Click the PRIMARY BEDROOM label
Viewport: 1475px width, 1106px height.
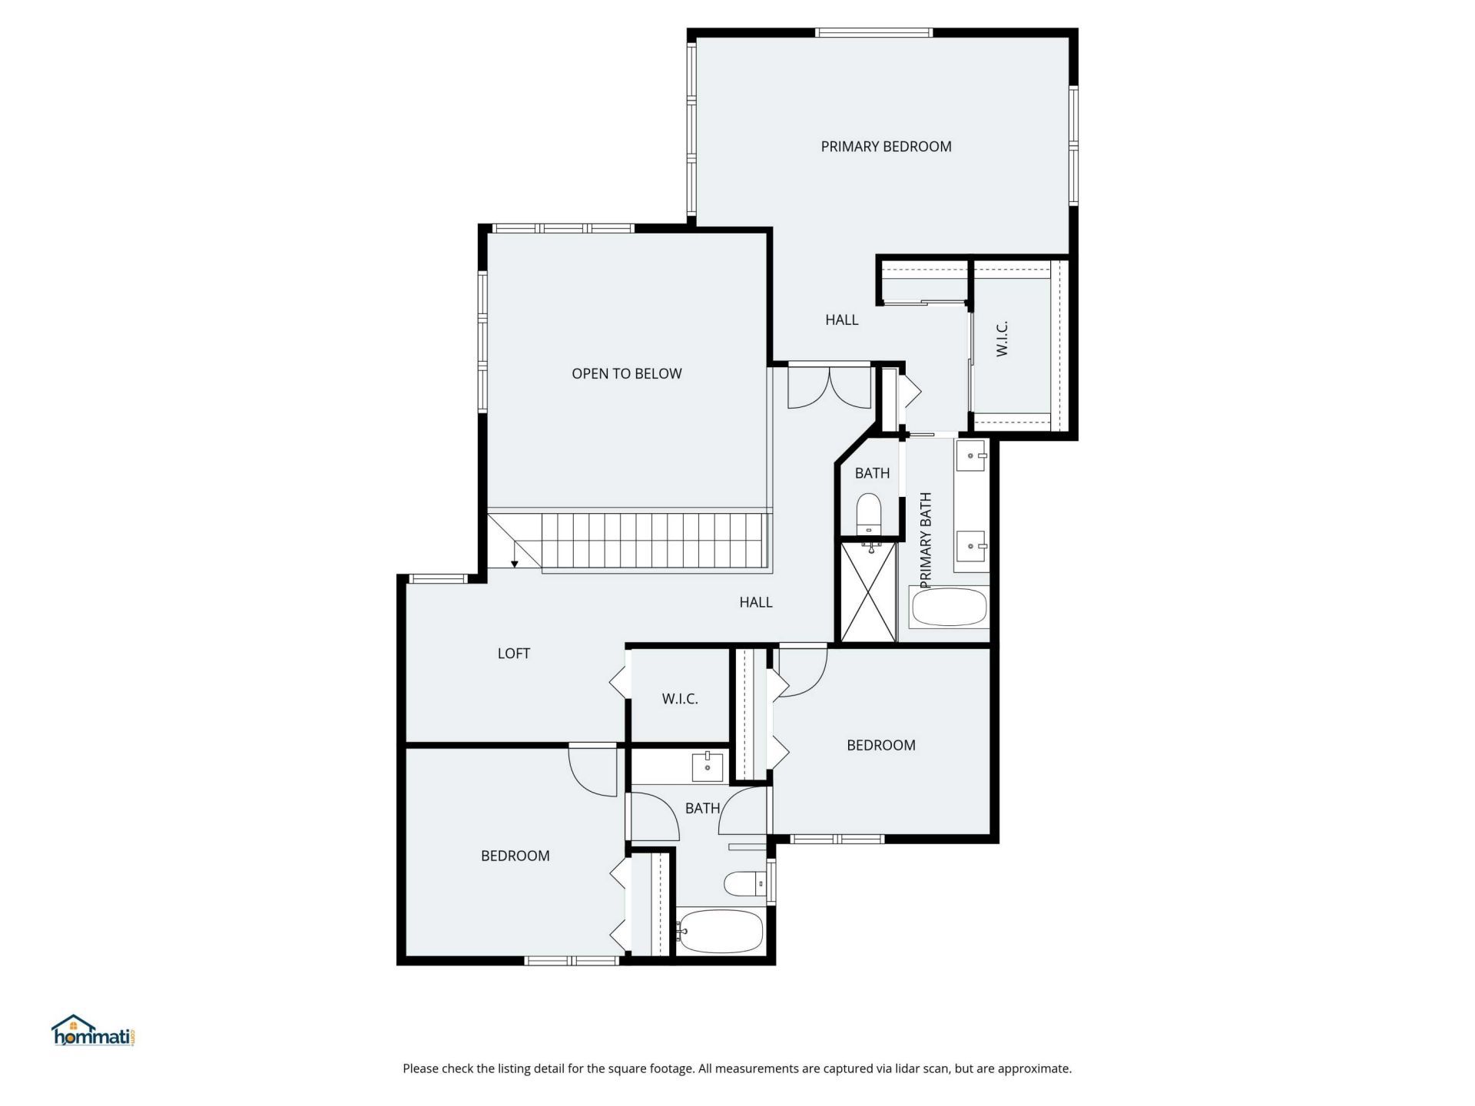point(886,147)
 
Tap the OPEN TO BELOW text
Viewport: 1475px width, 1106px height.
point(626,374)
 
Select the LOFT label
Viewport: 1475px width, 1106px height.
point(513,654)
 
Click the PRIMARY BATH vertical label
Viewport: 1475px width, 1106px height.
point(926,541)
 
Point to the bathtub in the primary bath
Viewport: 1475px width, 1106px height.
point(949,608)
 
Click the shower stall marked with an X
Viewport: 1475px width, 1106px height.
point(869,592)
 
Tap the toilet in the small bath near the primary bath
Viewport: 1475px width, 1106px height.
point(869,512)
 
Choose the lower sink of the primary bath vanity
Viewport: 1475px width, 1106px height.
point(972,546)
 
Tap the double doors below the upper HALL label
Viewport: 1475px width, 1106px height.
point(830,388)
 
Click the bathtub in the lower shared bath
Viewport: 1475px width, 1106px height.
point(721,932)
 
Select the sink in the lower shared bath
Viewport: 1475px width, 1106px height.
point(707,767)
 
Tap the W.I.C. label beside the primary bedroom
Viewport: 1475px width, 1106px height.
point(1002,339)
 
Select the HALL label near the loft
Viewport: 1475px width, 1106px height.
point(756,603)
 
